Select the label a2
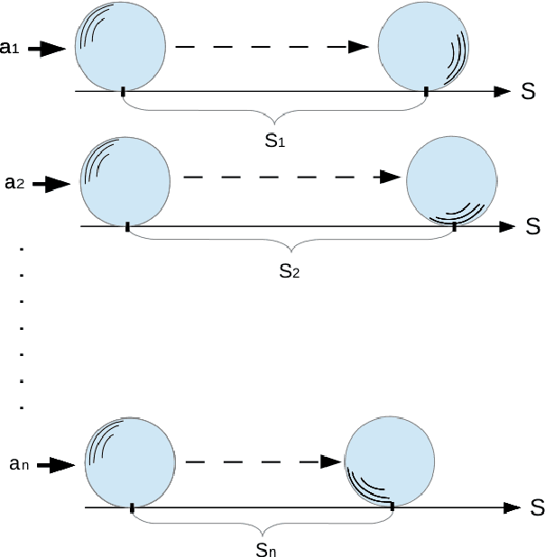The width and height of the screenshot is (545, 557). pos(14,183)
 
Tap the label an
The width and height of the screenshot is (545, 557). pos(19,464)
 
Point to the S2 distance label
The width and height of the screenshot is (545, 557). pos(289,271)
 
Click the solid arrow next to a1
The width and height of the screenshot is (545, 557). pos(48,50)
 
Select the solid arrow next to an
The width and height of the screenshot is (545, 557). pos(60,465)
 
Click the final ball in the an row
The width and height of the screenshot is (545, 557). pos(391,461)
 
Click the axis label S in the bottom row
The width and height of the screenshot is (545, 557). pos(536,507)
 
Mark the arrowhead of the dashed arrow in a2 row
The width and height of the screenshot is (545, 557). pos(389,178)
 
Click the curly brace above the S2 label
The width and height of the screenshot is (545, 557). pos(290,245)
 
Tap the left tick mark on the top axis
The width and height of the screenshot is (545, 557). pos(123,90)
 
